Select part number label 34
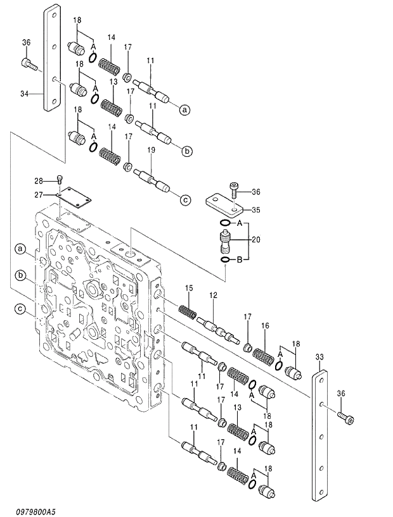coord(24,94)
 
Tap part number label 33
coord(319,357)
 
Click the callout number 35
coord(255,209)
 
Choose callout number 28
coord(39,182)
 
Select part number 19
coord(151,151)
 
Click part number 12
coord(213,295)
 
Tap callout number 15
coord(188,289)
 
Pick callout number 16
coord(265,325)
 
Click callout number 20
coord(255,239)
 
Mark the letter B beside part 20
coord(240,259)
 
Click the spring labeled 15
coord(186,311)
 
